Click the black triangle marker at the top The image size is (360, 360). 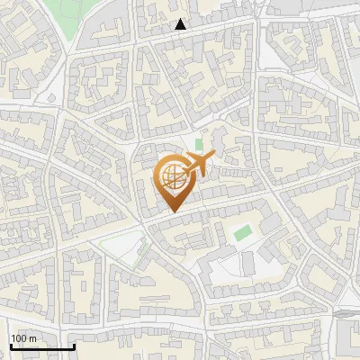point(181,24)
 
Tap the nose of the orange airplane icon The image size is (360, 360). point(213,157)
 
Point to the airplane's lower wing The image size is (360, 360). point(193,174)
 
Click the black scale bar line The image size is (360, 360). point(42,346)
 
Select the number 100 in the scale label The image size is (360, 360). point(19,338)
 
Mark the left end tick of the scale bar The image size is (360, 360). point(11,345)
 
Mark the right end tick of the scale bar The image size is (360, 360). point(74,345)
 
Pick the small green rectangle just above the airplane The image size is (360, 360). point(199,144)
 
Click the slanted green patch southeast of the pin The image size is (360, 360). point(241,232)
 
